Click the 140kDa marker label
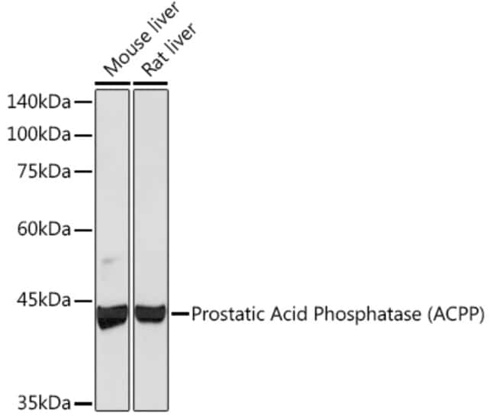click(x=39, y=102)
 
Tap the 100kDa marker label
click(x=39, y=134)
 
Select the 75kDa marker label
click(x=44, y=172)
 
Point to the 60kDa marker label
click(x=44, y=229)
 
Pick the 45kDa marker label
click(x=44, y=300)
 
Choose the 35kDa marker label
click(x=44, y=403)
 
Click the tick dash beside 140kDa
click(x=83, y=102)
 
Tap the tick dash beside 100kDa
click(x=83, y=135)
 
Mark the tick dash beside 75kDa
click(x=83, y=172)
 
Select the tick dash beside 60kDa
click(x=83, y=230)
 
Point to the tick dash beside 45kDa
click(x=83, y=301)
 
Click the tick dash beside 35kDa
click(x=83, y=403)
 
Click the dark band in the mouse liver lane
click(x=112, y=316)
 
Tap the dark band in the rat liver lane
click(x=150, y=314)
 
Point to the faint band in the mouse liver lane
click(x=108, y=261)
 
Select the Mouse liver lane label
click(x=142, y=40)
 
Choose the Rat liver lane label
click(x=169, y=50)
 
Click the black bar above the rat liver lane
click(x=150, y=83)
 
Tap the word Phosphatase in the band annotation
click(x=367, y=315)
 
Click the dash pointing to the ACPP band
click(x=180, y=314)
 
